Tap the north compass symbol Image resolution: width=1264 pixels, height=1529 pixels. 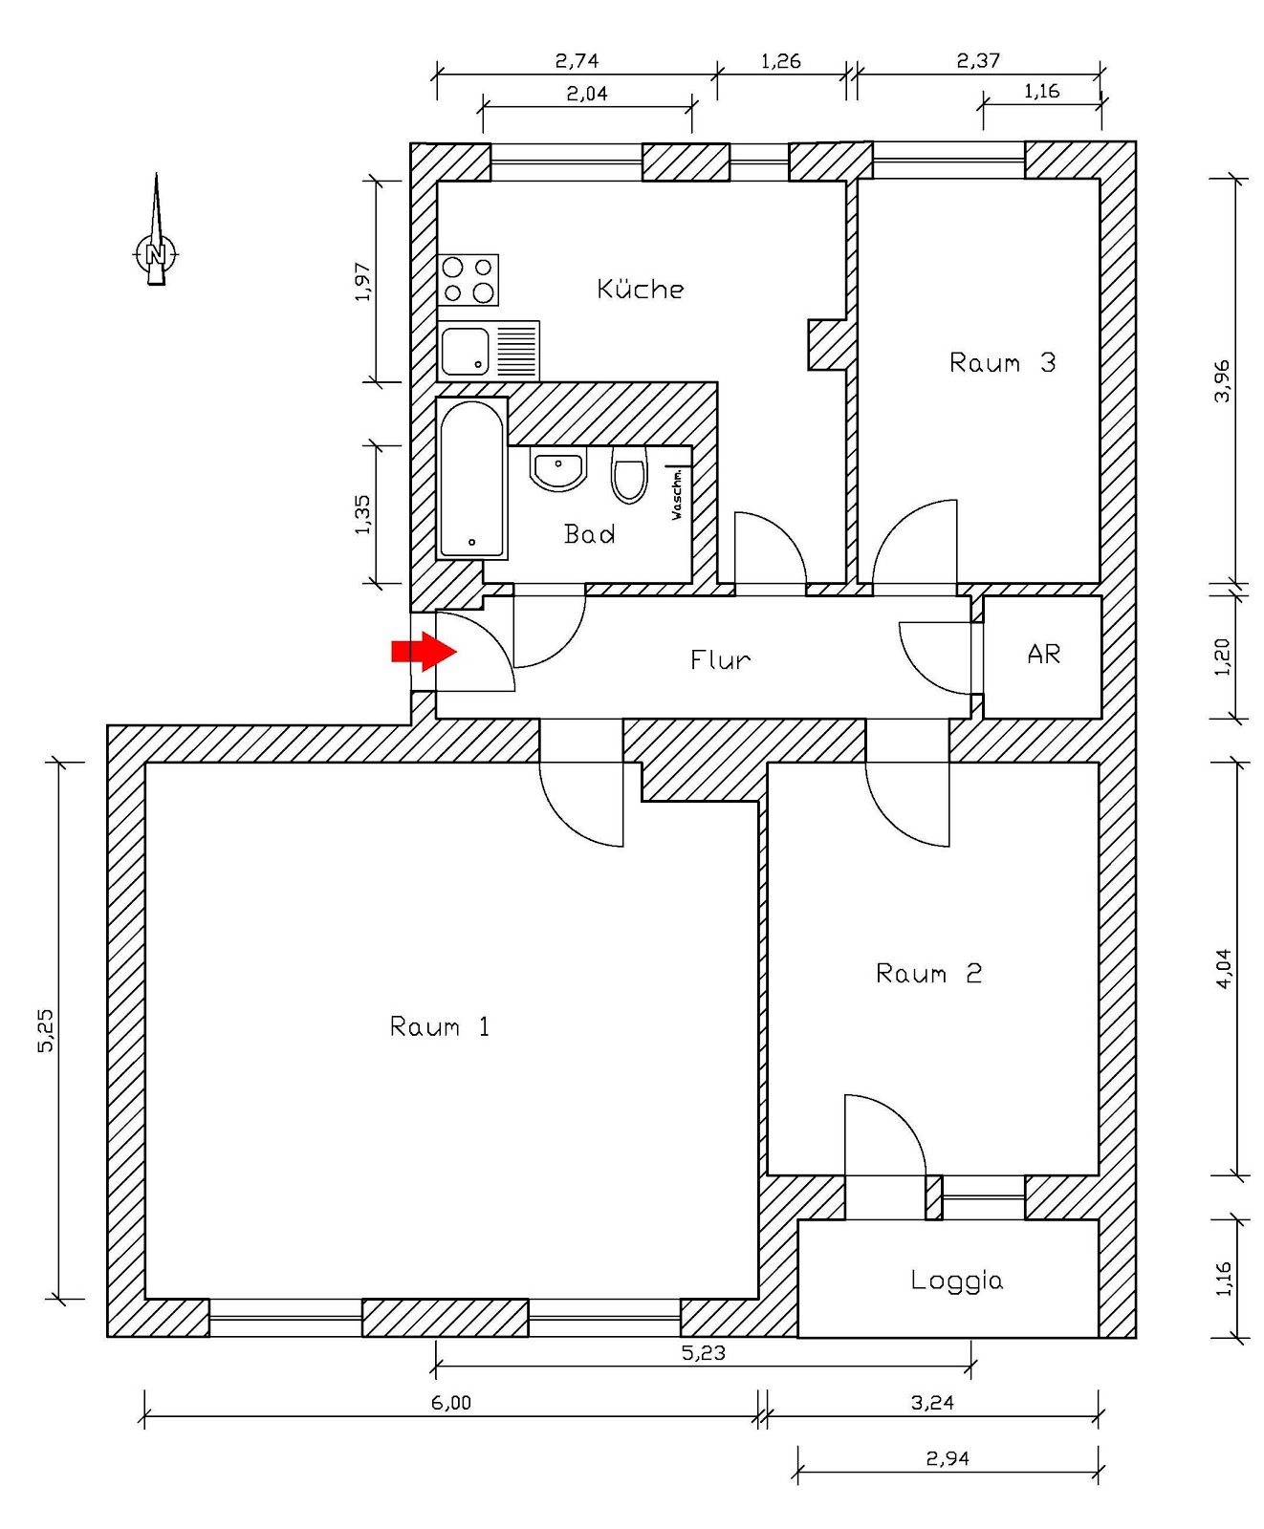click(x=155, y=252)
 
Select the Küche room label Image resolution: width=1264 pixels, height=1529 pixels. click(x=640, y=289)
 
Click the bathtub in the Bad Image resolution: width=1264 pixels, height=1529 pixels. click(x=471, y=478)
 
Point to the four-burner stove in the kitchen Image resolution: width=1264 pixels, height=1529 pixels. click(x=468, y=280)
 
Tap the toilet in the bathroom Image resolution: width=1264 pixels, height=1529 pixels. click(x=629, y=476)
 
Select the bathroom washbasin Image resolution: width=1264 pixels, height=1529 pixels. click(x=558, y=470)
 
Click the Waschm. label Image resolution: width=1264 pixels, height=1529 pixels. click(x=677, y=494)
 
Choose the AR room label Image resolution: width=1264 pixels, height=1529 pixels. click(x=1043, y=655)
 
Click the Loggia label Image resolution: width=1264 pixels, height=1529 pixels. click(x=956, y=1281)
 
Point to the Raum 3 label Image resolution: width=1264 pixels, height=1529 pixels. click(x=1002, y=363)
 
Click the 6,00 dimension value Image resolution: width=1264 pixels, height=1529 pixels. click(x=451, y=1402)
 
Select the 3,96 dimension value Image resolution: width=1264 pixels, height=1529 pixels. click(x=1222, y=380)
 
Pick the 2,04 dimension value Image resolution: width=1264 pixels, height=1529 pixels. click(x=586, y=94)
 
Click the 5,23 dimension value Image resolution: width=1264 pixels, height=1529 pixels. click(x=703, y=1352)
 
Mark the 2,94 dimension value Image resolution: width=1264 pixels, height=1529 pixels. click(x=947, y=1458)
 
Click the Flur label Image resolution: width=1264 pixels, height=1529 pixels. click(x=720, y=659)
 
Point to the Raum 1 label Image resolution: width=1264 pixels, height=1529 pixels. click(x=440, y=1027)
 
